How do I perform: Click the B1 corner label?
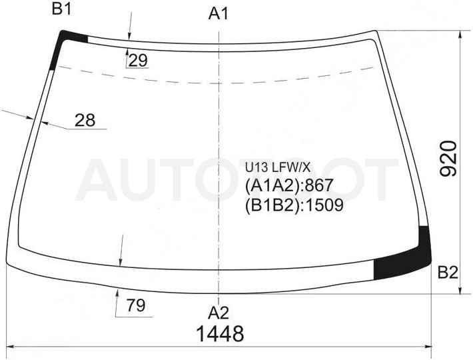[62, 9]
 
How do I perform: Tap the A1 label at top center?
[219, 13]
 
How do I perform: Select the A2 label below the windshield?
[219, 313]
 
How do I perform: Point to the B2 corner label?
[448, 273]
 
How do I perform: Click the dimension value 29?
[138, 61]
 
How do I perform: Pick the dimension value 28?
[85, 120]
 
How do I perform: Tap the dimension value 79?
[136, 305]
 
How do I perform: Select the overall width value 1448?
[220, 334]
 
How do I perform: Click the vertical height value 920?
[448, 159]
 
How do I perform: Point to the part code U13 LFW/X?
[278, 167]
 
